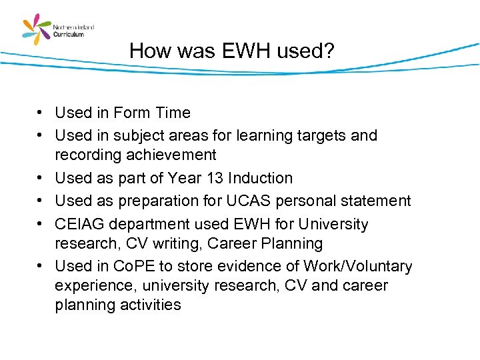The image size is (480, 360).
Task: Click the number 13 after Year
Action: tap(214, 178)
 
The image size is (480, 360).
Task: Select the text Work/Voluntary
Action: tap(357, 266)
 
